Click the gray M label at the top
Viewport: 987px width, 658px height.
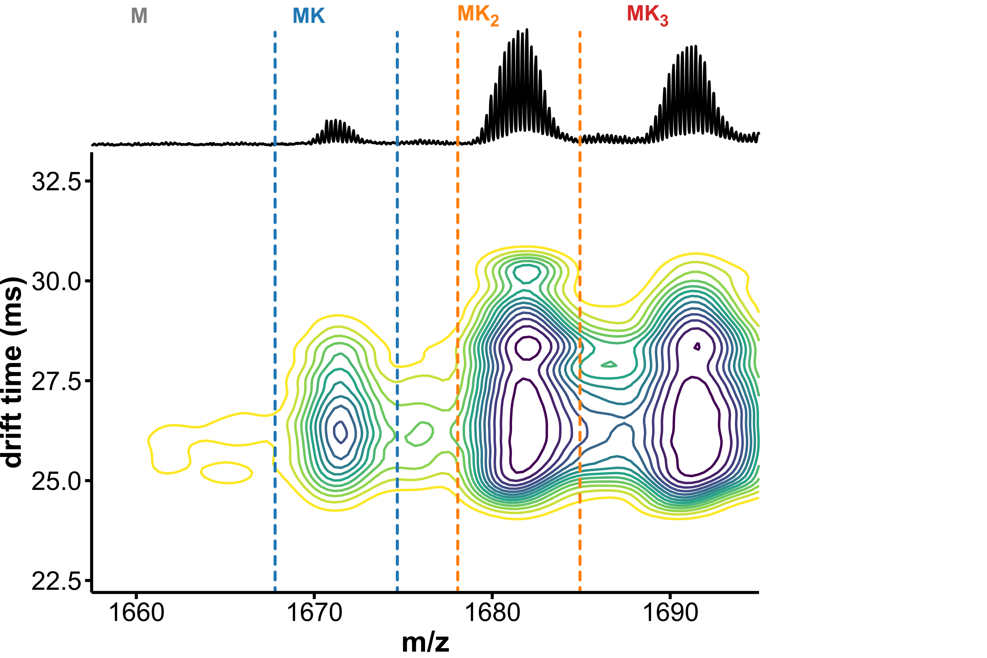point(139,16)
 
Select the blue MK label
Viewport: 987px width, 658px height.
point(309,16)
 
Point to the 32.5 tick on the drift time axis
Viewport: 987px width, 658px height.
point(56,182)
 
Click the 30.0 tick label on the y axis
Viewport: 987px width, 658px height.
point(56,282)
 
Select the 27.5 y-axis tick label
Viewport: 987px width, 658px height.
point(56,381)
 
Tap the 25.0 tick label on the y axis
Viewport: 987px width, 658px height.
point(56,481)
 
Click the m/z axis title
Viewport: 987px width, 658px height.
point(425,643)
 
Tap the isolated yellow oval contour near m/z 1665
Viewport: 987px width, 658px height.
point(227,473)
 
